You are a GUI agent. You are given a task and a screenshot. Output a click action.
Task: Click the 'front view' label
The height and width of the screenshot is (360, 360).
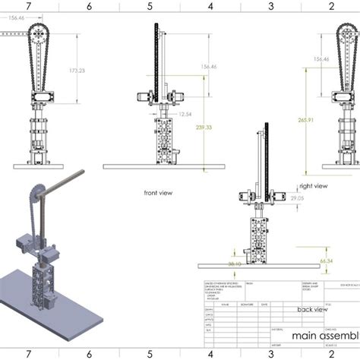click(158, 193)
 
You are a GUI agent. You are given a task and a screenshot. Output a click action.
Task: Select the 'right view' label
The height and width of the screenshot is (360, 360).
click(314, 185)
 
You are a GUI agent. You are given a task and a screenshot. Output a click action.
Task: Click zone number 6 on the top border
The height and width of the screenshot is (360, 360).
click(90, 6)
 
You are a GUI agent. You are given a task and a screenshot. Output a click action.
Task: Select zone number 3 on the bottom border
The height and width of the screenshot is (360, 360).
click(272, 353)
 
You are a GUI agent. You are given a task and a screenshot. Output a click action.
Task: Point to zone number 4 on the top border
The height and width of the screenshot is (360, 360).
click(210, 6)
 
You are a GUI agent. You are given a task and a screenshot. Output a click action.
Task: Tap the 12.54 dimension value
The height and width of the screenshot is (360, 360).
click(185, 114)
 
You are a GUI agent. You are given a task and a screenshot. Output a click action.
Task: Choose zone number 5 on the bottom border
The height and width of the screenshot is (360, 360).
click(150, 353)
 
